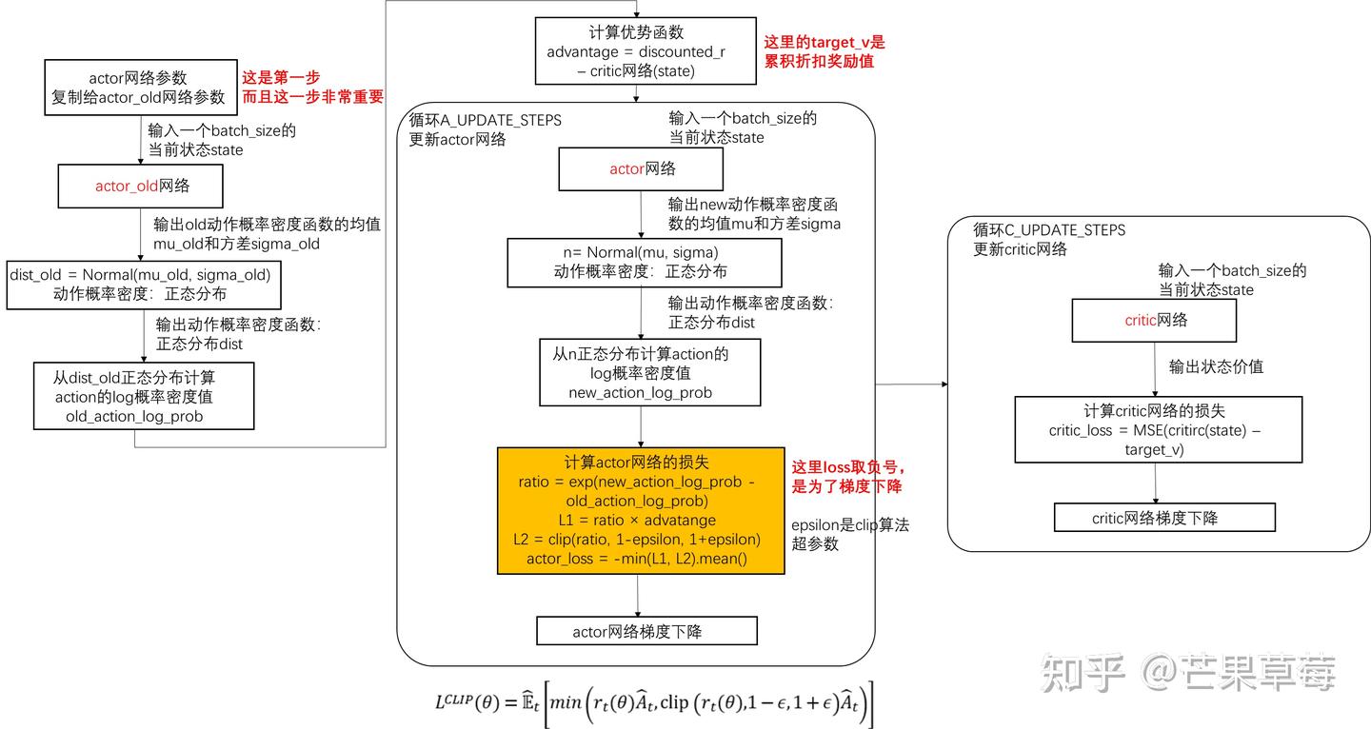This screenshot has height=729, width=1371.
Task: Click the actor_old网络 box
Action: pos(140,186)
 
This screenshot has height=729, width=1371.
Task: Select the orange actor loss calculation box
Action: pos(641,510)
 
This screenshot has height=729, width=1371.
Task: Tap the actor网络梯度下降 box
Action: pos(646,631)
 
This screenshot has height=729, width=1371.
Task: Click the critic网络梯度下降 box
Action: pos(1163,518)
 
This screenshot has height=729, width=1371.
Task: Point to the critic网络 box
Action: pos(1154,321)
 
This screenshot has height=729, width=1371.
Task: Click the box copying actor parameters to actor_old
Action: pos(140,88)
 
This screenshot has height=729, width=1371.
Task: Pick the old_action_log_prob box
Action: pos(144,396)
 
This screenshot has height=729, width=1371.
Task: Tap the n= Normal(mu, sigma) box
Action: pos(645,262)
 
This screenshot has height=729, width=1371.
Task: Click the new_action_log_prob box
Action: pos(650,372)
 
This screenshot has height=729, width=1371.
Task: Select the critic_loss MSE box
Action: pos(1158,430)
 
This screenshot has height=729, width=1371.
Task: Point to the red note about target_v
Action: pos(825,51)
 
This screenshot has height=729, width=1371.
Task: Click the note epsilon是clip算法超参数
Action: pos(850,534)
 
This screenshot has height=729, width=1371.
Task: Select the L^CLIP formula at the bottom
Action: pos(653,703)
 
